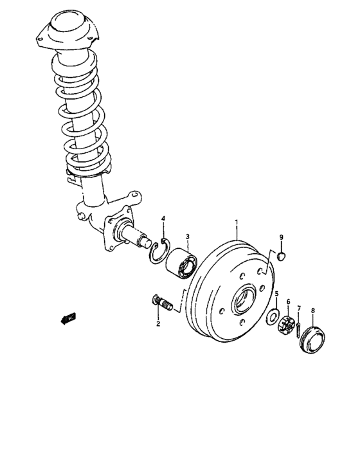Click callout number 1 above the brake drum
tap(236, 222)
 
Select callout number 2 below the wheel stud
tap(157, 323)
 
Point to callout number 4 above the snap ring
tap(163, 220)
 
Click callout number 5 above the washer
tap(276, 294)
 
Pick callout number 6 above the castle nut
tap(289, 301)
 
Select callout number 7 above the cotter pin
tap(298, 309)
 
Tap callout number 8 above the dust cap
tap(313, 310)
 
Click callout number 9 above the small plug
tap(281, 238)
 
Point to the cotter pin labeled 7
tap(300, 326)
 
